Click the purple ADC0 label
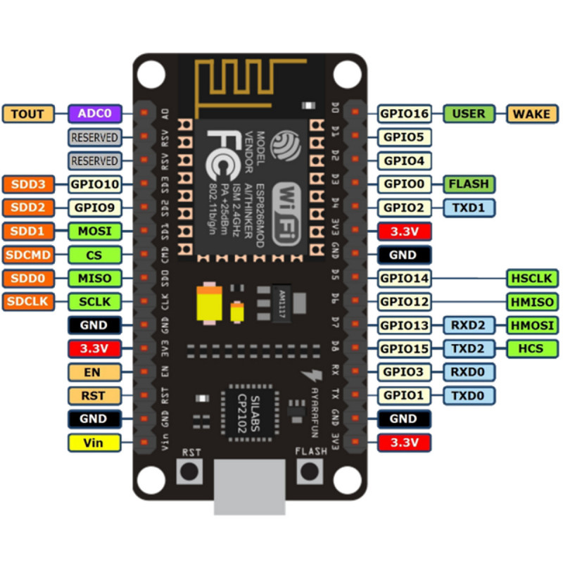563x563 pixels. [95, 113]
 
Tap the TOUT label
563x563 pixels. [27, 113]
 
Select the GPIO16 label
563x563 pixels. [405, 113]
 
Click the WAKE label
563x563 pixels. [531, 113]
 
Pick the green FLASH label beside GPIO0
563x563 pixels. [469, 184]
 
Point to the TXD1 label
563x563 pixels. [469, 208]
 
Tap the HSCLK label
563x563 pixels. [531, 278]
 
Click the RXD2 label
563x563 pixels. [469, 325]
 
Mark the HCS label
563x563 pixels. [531, 348]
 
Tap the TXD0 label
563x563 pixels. [469, 396]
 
